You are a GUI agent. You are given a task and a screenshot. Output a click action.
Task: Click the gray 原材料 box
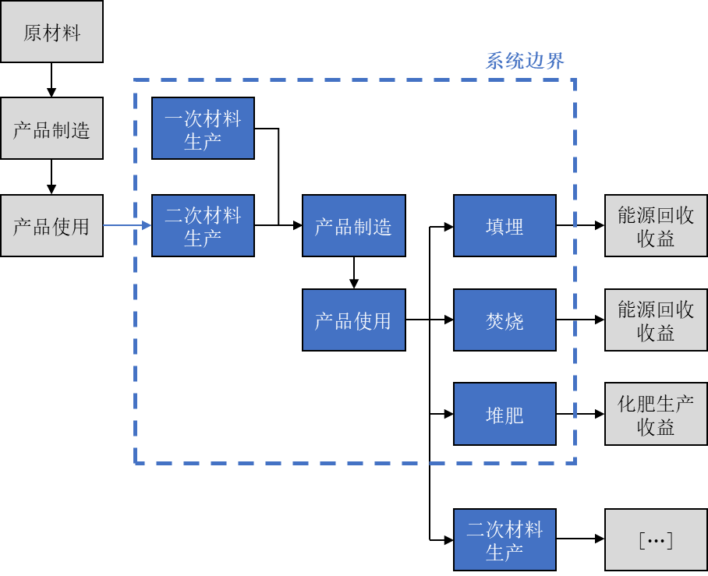click(x=51, y=32)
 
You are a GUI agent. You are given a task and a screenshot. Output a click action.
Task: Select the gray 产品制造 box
click(x=51, y=129)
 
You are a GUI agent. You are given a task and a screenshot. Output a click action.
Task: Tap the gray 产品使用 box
click(x=51, y=226)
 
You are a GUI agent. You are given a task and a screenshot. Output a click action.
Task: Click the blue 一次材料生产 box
click(x=203, y=129)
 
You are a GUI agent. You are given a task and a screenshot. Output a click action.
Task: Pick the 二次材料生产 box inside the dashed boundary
click(x=203, y=226)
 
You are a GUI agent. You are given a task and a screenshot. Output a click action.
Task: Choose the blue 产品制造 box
click(x=353, y=226)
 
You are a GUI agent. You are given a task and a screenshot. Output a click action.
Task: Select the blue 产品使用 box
click(x=353, y=320)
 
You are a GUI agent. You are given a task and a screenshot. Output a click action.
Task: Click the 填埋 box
click(x=504, y=226)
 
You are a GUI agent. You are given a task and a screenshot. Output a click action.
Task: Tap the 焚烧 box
click(x=504, y=320)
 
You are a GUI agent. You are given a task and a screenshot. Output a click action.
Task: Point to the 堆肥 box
click(x=504, y=414)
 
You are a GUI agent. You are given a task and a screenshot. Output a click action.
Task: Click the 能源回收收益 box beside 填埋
click(x=656, y=226)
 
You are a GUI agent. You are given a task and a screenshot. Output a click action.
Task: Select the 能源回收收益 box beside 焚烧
click(x=656, y=320)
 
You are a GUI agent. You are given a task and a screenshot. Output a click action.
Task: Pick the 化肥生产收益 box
click(x=656, y=414)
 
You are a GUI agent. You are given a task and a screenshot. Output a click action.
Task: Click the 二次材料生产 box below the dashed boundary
click(x=504, y=540)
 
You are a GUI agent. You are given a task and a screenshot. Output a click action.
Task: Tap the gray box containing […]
click(x=656, y=540)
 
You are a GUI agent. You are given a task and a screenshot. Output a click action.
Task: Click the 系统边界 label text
click(x=525, y=61)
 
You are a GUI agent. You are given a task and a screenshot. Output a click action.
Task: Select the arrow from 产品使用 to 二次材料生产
click(x=127, y=226)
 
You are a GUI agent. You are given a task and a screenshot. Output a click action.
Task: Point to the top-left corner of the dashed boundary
click(x=136, y=80)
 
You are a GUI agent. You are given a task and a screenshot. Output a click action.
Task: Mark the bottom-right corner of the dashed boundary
click(x=575, y=463)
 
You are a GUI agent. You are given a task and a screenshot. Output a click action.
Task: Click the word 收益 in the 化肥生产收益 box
click(x=656, y=426)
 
